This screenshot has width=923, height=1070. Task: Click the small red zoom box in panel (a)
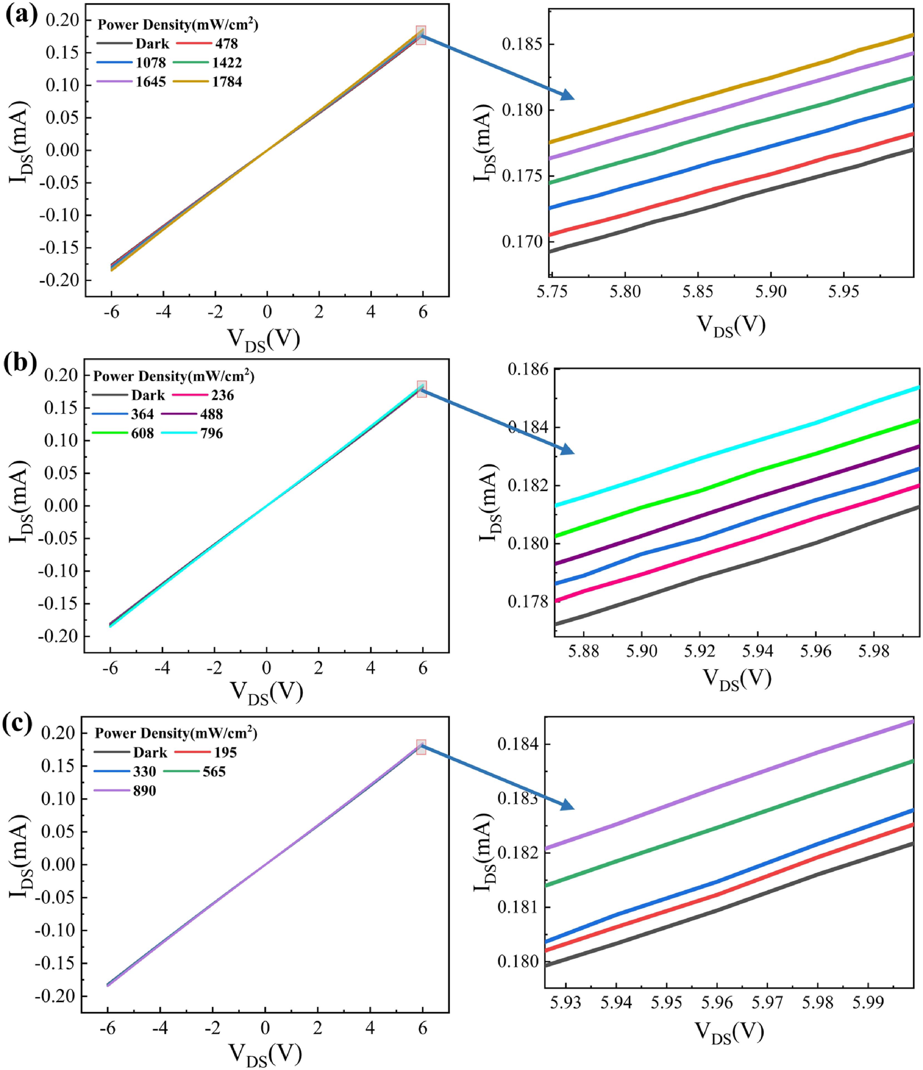pos(421,35)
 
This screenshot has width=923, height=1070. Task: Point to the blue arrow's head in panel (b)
pos(568,451)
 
